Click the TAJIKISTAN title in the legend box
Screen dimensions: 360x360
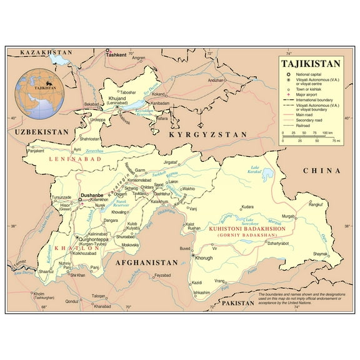[x=311, y=64]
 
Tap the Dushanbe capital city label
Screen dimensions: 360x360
[x=92, y=196]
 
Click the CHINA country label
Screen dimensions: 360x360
[x=321, y=171]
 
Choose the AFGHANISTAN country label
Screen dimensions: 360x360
[x=146, y=263]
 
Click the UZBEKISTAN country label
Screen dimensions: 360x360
[x=38, y=132]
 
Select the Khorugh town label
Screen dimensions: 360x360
[x=205, y=257]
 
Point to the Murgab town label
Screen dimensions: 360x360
[x=288, y=216]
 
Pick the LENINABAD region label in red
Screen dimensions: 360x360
[x=75, y=160]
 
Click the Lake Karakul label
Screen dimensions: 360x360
[x=255, y=169]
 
